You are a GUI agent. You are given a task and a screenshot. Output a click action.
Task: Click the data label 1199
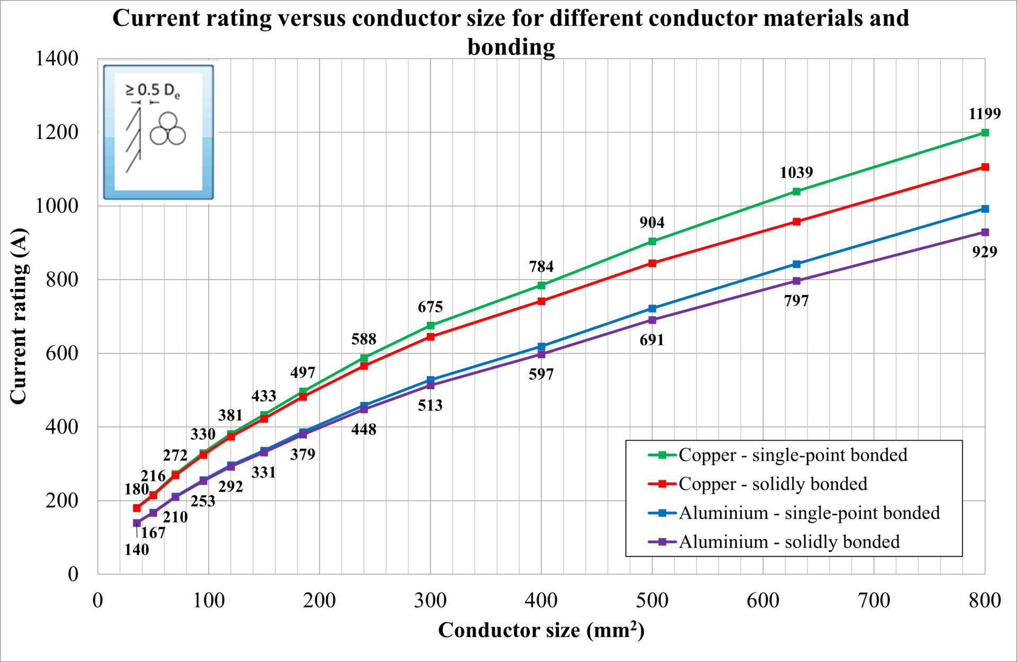(984, 113)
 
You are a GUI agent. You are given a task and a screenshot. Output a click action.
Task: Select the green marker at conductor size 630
(796, 191)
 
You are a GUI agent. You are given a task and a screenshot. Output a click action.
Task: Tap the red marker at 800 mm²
(985, 167)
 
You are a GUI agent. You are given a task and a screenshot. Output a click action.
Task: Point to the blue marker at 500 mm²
(652, 308)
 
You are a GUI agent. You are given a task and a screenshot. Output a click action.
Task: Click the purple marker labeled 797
(796, 281)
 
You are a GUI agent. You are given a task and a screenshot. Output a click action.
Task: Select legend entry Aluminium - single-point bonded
(809, 513)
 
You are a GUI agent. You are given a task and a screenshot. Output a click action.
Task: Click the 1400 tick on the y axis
(57, 58)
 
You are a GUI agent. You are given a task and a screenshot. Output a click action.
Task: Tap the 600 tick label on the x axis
(763, 600)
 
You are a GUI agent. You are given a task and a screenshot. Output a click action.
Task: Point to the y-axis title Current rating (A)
(18, 316)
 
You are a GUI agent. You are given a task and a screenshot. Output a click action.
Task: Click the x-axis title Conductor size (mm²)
(541, 630)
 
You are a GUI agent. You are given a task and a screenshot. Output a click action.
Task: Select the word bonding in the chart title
(511, 47)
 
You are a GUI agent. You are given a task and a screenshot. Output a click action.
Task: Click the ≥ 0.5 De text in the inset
(153, 91)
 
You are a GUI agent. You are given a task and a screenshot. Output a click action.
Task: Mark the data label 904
(652, 222)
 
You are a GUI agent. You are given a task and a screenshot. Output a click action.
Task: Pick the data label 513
(430, 405)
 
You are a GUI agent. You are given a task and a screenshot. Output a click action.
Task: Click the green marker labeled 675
(430, 326)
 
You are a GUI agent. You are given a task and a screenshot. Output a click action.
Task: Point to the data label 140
(137, 549)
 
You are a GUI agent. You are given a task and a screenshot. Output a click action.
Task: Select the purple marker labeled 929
(985, 232)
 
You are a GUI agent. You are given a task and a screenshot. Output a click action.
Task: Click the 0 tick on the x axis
(97, 600)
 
